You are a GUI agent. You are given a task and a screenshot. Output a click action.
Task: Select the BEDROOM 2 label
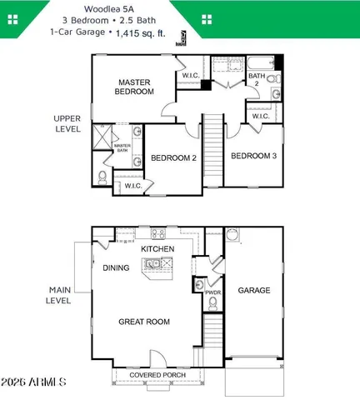click(x=172, y=157)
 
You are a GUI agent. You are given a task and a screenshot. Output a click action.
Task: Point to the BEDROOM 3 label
click(x=254, y=156)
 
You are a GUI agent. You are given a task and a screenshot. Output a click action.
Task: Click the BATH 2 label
click(x=257, y=81)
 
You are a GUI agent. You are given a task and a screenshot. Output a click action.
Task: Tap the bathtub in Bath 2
click(x=260, y=63)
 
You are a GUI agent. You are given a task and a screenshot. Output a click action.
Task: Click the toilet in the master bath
click(x=102, y=177)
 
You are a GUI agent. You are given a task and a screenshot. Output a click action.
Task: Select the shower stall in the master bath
click(x=102, y=132)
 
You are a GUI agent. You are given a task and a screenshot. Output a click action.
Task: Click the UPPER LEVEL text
click(x=67, y=123)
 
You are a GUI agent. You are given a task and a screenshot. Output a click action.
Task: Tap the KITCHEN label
click(x=157, y=249)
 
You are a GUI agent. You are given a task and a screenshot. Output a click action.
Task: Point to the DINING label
click(x=116, y=268)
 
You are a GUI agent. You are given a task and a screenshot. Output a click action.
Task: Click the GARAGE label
click(x=254, y=291)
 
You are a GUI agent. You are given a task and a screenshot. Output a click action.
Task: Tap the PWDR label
click(x=212, y=293)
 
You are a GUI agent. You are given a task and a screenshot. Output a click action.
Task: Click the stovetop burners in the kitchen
click(x=166, y=265)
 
